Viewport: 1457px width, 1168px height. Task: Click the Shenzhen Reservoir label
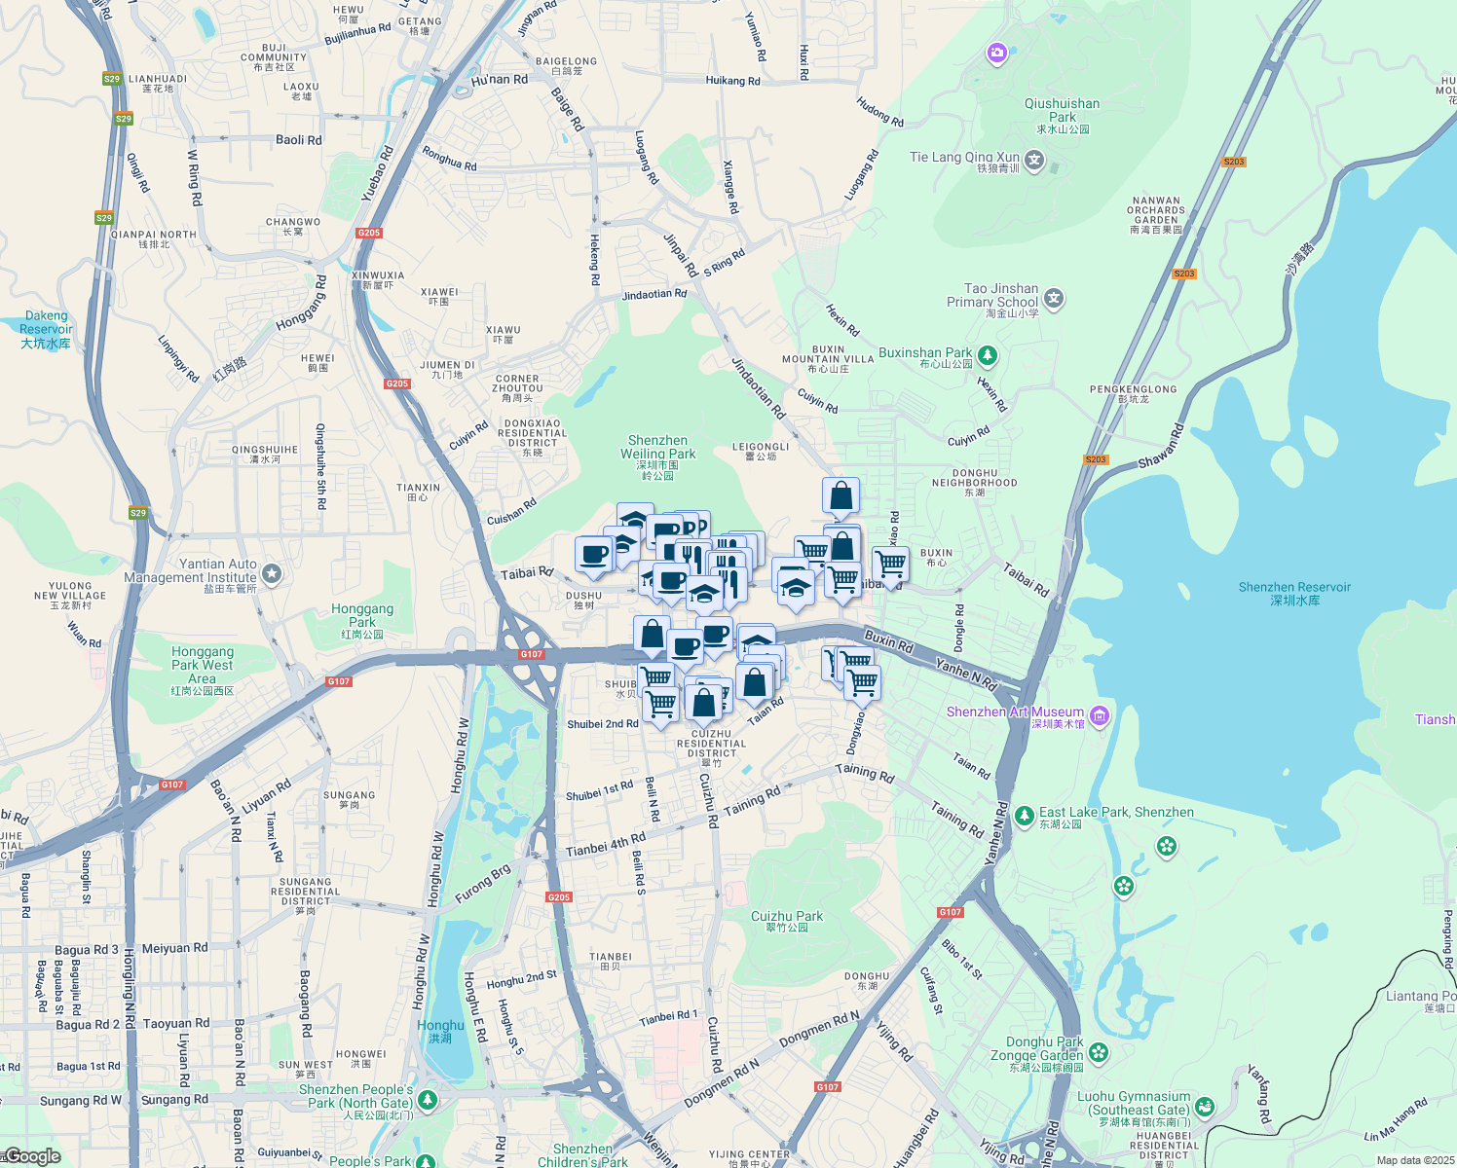pyautogui.click(x=1294, y=593)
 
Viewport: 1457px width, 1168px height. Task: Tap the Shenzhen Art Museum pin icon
pyautogui.click(x=1100, y=716)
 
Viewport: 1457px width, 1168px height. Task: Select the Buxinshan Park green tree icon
pyautogui.click(x=988, y=355)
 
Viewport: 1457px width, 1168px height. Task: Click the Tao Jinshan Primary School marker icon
pyautogui.click(x=1054, y=299)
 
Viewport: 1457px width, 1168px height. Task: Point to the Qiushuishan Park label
pyautogui.click(x=1062, y=115)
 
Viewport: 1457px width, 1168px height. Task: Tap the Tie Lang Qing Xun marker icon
pyautogui.click(x=1034, y=160)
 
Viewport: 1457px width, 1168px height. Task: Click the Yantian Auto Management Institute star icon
pyautogui.click(x=272, y=574)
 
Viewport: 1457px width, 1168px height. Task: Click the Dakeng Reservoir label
pyautogui.click(x=46, y=329)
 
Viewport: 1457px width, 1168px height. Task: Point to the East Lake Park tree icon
pyautogui.click(x=1024, y=815)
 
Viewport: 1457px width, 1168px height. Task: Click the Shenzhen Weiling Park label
pyautogui.click(x=658, y=454)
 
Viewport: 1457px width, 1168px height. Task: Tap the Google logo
pyautogui.click(x=33, y=1156)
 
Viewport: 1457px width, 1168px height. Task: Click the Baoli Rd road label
pyautogui.click(x=298, y=140)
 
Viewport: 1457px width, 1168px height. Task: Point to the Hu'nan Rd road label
pyautogui.click(x=499, y=81)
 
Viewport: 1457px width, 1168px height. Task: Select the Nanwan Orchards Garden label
pyautogui.click(x=1156, y=214)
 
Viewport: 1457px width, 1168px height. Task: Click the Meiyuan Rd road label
pyautogui.click(x=174, y=948)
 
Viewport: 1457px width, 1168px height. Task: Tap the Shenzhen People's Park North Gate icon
pyautogui.click(x=428, y=1100)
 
